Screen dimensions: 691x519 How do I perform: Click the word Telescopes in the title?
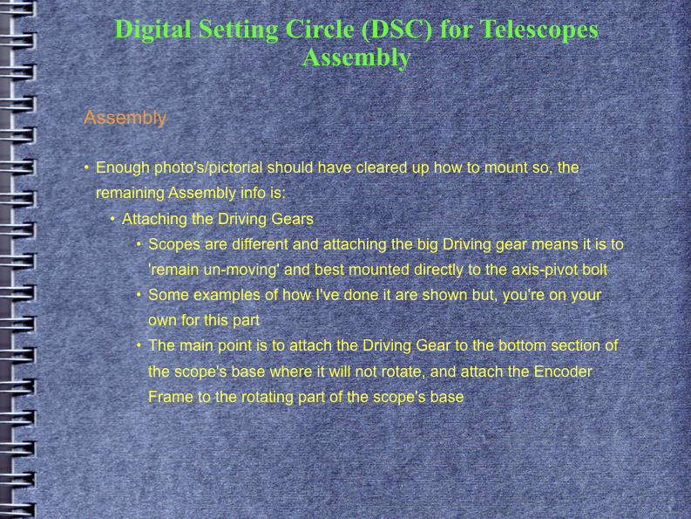click(x=539, y=30)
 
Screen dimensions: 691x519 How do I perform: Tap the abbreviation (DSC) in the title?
click(x=396, y=30)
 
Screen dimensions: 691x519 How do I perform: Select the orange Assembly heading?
click(x=125, y=119)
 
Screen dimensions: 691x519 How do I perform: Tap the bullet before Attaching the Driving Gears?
click(x=112, y=219)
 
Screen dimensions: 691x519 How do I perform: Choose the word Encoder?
click(x=563, y=372)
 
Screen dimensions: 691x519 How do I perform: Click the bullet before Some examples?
click(x=139, y=294)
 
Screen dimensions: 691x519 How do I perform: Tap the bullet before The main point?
click(x=139, y=345)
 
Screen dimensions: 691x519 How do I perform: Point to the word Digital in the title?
click(x=152, y=30)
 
